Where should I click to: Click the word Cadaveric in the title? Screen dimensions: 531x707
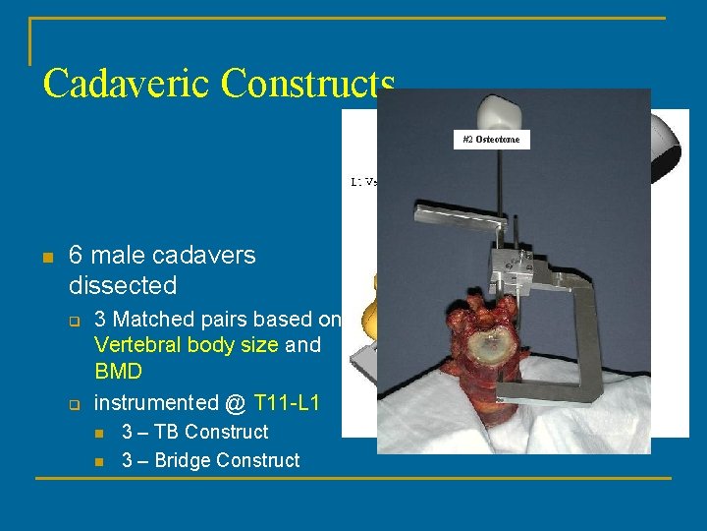[x=127, y=84]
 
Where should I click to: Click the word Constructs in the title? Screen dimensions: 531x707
[x=307, y=84]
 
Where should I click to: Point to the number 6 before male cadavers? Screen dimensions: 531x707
[x=76, y=256]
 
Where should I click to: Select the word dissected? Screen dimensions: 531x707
[x=123, y=286]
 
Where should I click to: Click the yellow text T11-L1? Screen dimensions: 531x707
[x=287, y=402]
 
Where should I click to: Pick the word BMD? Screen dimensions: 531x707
[x=118, y=373]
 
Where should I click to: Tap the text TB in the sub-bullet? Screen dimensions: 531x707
[x=165, y=432]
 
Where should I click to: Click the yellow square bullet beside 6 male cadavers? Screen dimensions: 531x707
[x=45, y=258]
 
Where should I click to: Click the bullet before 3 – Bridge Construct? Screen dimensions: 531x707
[x=99, y=461]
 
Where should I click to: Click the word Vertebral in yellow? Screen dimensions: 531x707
[x=137, y=346]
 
